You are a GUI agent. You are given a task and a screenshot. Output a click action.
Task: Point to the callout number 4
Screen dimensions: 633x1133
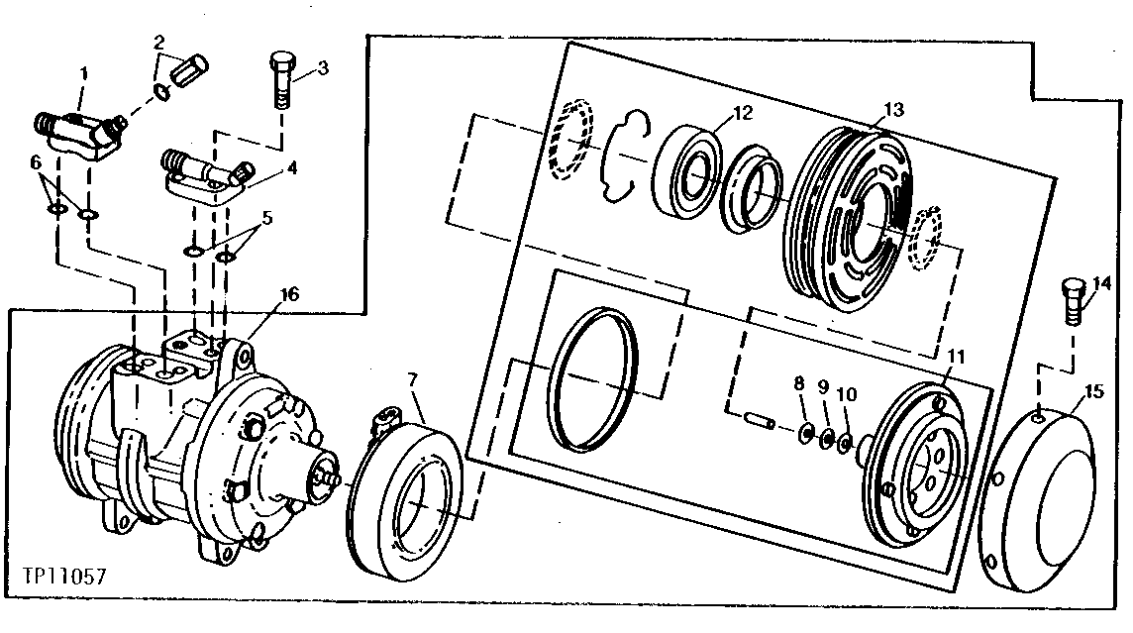pos(290,167)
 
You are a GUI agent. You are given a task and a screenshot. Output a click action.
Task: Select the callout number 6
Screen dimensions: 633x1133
pos(35,159)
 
